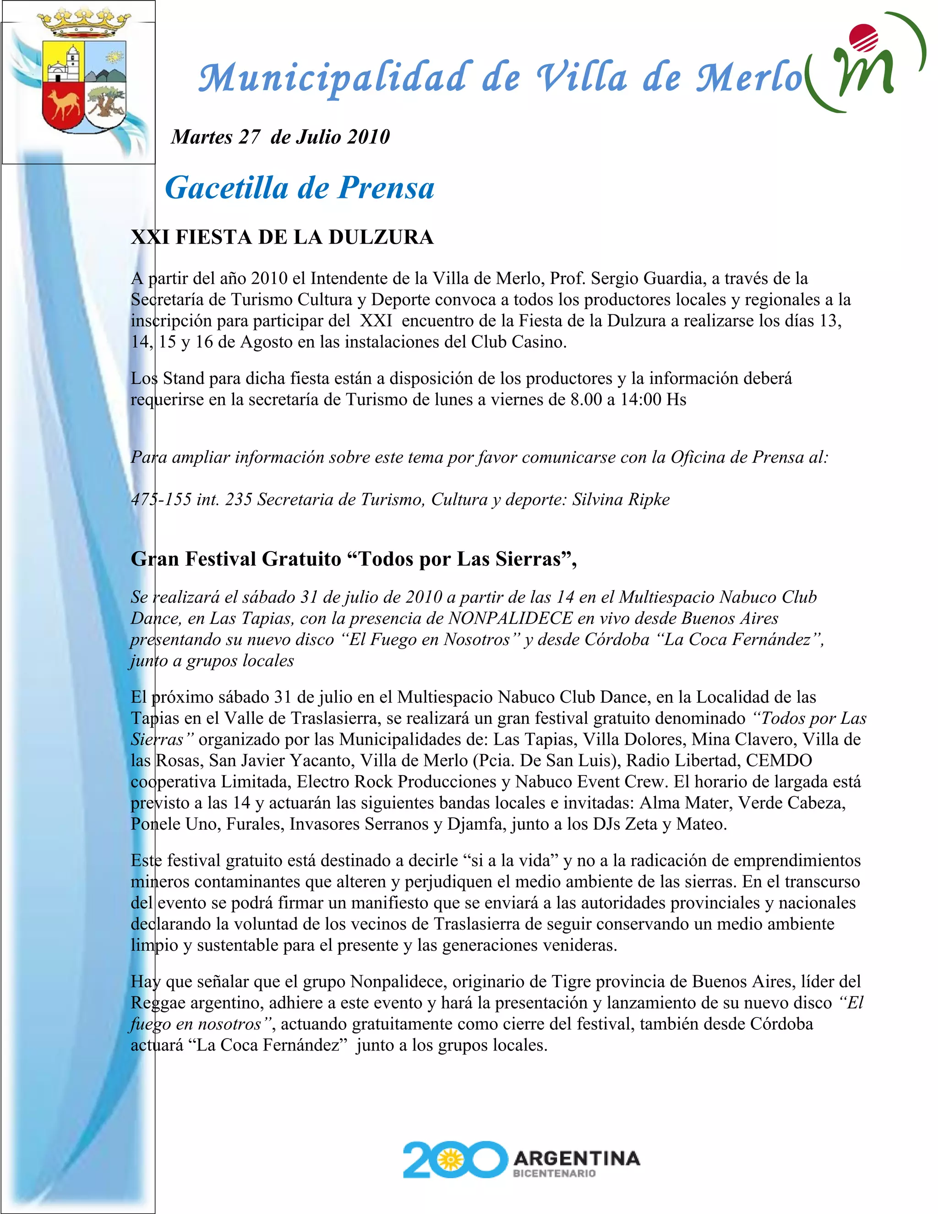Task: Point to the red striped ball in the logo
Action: [x=864, y=38]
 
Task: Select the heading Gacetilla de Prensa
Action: [x=300, y=188]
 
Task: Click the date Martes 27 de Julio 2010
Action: [x=281, y=137]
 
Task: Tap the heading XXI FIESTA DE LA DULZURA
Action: [x=282, y=237]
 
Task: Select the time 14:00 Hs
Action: [x=653, y=399]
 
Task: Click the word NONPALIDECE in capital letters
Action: [x=510, y=618]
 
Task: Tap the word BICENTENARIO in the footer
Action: [x=554, y=1173]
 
